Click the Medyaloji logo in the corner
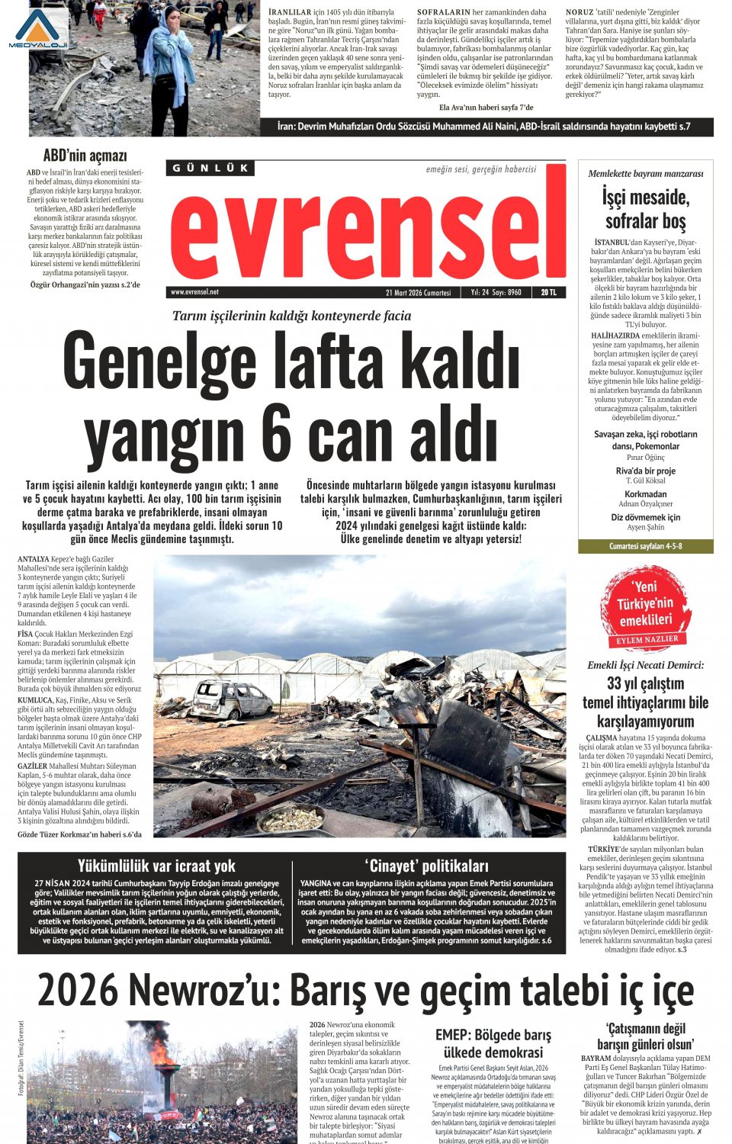click(x=38, y=29)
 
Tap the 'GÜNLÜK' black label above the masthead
click(x=210, y=168)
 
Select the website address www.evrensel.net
click(x=194, y=292)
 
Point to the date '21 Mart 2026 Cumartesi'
click(x=418, y=292)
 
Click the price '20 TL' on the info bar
click(x=548, y=292)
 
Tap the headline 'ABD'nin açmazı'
click(x=85, y=156)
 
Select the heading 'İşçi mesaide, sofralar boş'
click(x=645, y=209)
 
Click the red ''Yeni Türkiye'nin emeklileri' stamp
click(x=645, y=608)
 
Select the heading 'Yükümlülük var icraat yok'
click(x=156, y=866)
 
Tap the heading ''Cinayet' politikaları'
click(x=426, y=866)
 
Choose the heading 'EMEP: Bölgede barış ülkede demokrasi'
click(x=493, y=1043)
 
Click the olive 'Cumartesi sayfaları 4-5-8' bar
click(x=645, y=546)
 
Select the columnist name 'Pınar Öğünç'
click(x=645, y=458)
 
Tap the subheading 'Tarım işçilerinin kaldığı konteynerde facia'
click(x=291, y=316)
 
